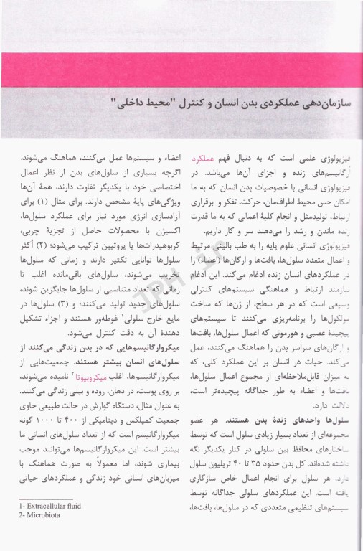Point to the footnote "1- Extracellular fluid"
[x=47, y=526]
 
